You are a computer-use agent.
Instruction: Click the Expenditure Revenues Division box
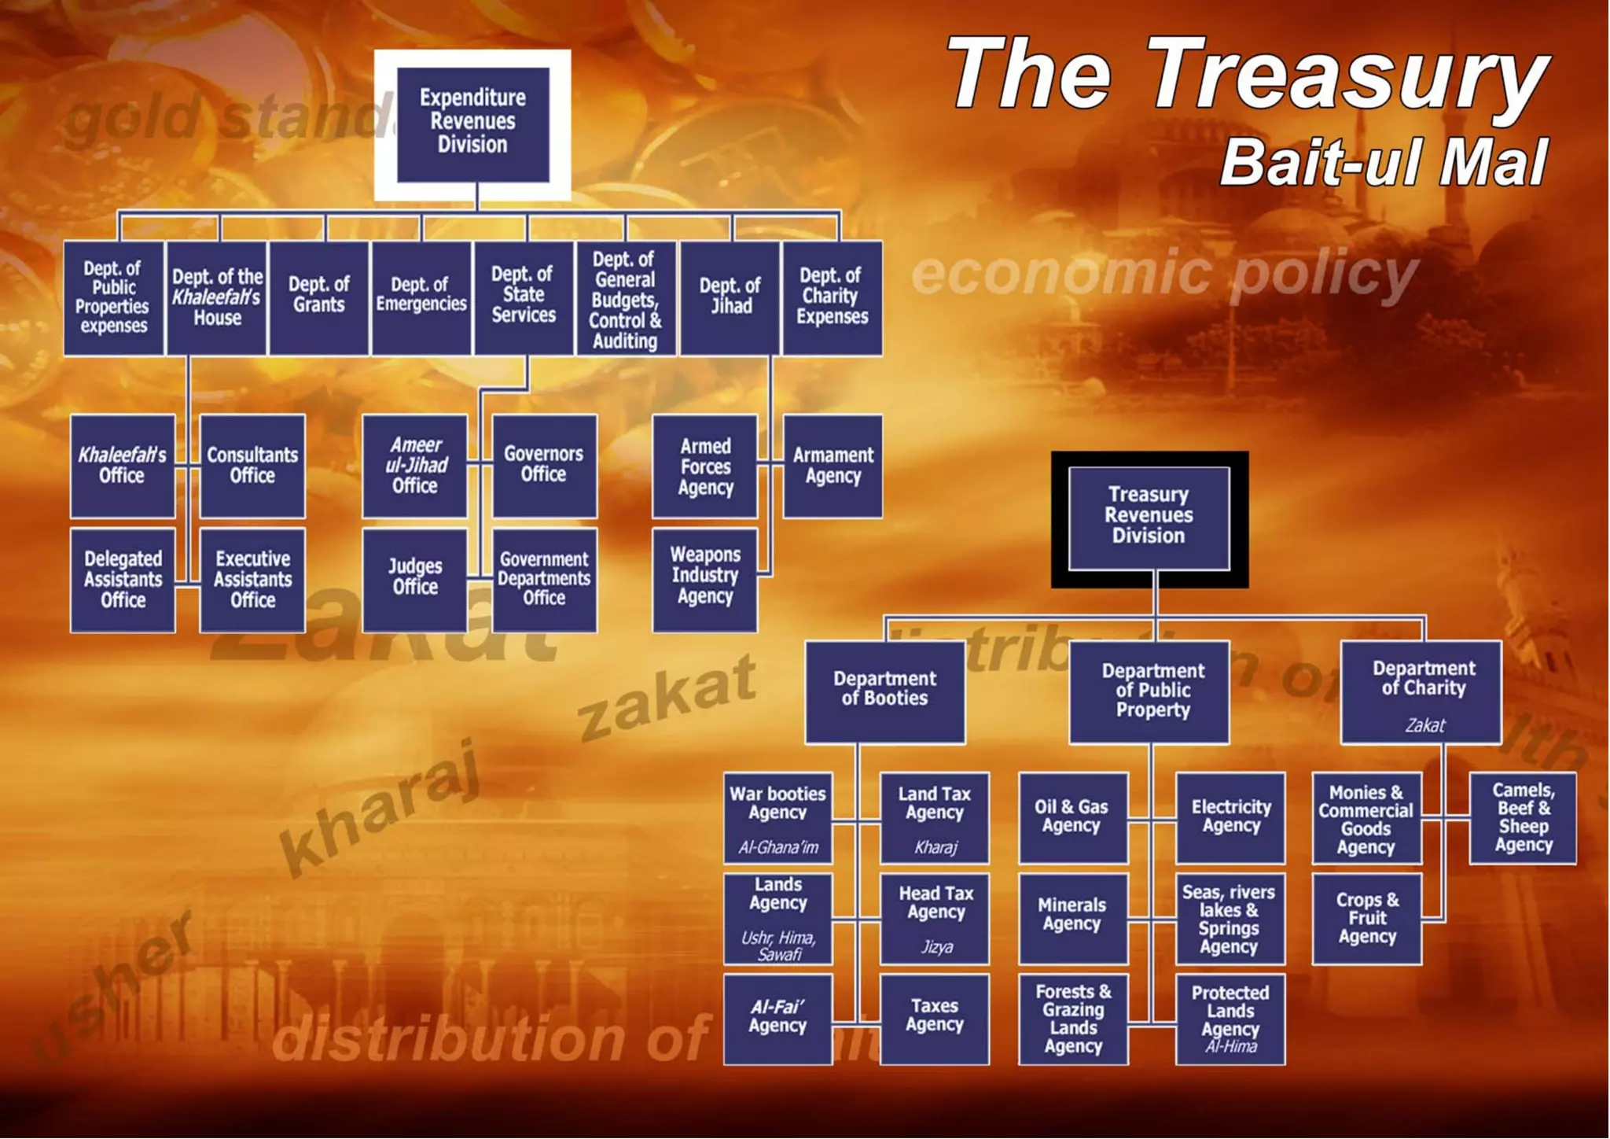472,123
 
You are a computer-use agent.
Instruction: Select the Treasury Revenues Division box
1149,517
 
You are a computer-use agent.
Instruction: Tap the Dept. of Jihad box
730,297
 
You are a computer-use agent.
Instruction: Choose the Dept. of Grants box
318,297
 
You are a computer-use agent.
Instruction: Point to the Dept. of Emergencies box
421,297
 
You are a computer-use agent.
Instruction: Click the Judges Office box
415,579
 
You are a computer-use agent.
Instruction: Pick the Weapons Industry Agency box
705,579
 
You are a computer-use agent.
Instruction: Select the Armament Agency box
833,466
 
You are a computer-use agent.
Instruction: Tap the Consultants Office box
252,466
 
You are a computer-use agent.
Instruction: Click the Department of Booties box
884,691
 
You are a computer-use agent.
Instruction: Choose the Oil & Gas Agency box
1071,816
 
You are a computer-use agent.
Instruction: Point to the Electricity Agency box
1230,816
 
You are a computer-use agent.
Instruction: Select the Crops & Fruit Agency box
1367,918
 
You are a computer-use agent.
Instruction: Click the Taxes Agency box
934,1018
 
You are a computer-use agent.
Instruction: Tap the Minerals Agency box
1071,916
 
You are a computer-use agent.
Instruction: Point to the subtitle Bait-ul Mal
1384,163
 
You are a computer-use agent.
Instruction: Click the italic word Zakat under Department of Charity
1424,725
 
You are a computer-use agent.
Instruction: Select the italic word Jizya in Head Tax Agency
936,947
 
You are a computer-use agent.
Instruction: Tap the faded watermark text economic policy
1163,273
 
